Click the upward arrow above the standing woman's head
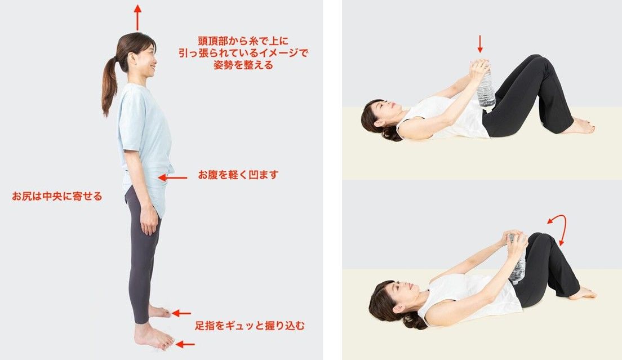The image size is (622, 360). [x=137, y=17]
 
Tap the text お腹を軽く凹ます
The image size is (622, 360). [x=238, y=175]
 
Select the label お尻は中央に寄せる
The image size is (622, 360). [x=57, y=196]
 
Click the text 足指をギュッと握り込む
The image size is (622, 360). [x=250, y=326]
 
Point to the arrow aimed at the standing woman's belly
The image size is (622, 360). [x=172, y=178]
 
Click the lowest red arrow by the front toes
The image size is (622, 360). [x=185, y=344]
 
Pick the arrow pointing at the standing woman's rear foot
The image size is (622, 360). [x=181, y=313]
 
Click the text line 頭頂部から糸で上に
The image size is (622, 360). [x=243, y=41]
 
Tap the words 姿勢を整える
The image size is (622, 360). [x=243, y=65]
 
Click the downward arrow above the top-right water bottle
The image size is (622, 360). [x=480, y=44]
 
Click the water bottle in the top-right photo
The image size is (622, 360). [x=485, y=88]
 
